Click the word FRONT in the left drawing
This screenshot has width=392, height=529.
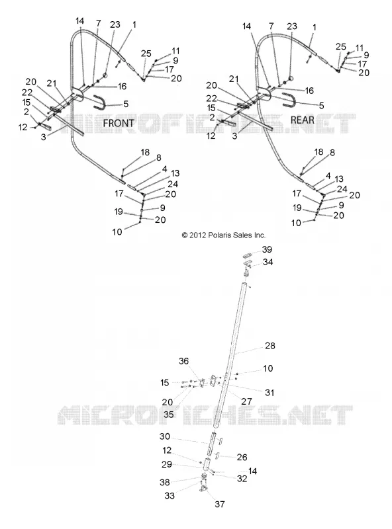point(119,123)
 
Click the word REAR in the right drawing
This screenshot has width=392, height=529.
point(303,120)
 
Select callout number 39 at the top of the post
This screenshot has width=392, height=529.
point(267,249)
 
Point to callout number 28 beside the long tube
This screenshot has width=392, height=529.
point(270,346)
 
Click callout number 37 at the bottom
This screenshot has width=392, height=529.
point(220,504)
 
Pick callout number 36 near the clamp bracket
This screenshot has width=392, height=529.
point(183,361)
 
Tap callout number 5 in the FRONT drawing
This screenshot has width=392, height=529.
point(126,104)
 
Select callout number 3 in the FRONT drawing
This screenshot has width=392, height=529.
point(43,138)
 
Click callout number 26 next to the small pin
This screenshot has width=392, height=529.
point(242,457)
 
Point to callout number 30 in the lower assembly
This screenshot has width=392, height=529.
point(165,436)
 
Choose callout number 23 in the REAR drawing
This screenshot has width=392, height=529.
point(292,26)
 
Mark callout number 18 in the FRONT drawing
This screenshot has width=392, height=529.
point(145,153)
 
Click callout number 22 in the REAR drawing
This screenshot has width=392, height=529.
point(211,98)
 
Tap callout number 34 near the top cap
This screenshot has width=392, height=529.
point(268,262)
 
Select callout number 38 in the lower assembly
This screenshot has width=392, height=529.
point(165,483)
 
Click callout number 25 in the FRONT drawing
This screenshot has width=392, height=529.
point(146,54)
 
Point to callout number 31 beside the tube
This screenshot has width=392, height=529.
point(269,392)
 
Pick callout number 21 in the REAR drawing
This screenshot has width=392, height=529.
point(234,79)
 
